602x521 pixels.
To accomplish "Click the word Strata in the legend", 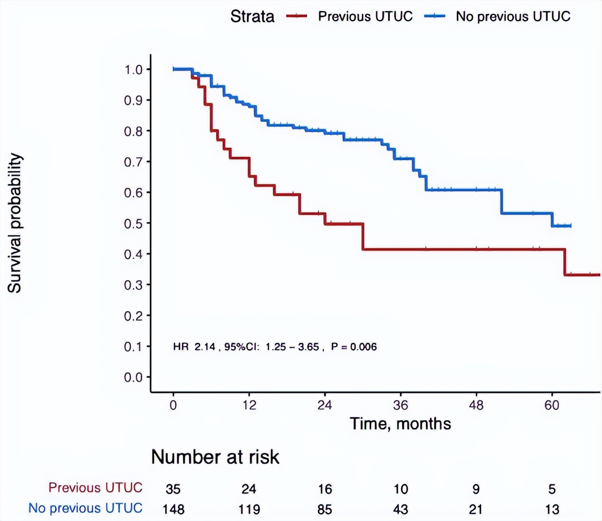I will click(x=252, y=16).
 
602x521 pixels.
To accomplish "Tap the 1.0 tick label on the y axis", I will click(x=134, y=70).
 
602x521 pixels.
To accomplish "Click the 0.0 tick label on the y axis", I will click(x=134, y=378).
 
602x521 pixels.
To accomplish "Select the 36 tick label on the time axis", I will click(x=400, y=405).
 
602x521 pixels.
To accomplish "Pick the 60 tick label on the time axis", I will click(x=552, y=405).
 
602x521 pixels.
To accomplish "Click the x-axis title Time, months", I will click(x=400, y=423).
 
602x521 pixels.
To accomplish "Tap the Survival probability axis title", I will click(x=15, y=223).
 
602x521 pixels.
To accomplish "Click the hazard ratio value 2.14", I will click(x=204, y=347).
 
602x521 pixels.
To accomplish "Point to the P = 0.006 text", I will click(x=354, y=347).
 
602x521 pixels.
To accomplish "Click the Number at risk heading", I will click(x=215, y=457).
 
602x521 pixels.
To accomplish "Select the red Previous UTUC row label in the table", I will click(x=96, y=488).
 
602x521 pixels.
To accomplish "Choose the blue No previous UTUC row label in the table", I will click(x=86, y=508).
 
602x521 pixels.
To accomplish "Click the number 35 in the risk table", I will click(x=173, y=489).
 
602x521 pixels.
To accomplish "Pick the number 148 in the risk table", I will click(x=173, y=509).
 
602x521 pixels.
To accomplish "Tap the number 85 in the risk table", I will click(x=324, y=509).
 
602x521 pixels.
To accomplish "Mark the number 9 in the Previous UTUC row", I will click(x=476, y=489).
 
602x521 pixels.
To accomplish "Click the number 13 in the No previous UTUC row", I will click(x=552, y=509).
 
